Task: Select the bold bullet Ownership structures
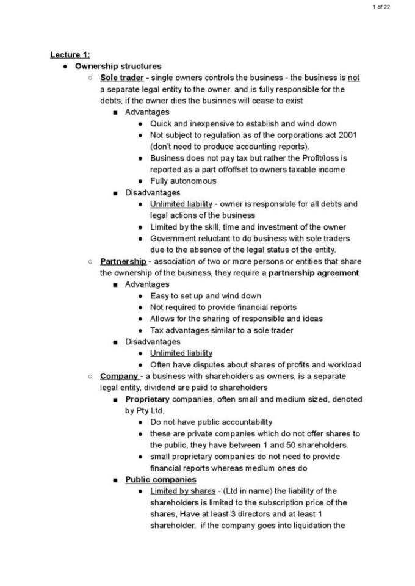118,66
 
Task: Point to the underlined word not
353,78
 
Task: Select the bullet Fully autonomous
183,181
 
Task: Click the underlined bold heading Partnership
123,261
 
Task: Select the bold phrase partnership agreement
314,273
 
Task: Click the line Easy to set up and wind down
206,296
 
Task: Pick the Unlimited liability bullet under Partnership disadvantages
181,353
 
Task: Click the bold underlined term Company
119,376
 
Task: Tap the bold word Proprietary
147,399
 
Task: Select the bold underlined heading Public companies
161,480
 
